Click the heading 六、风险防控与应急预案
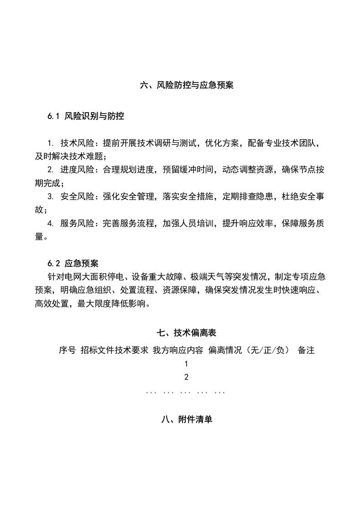pos(187,85)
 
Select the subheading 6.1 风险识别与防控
pos(86,116)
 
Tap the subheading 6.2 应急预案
pos(73,264)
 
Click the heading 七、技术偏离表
pos(187,333)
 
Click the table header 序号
pos(67,350)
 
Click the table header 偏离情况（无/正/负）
pos(249,350)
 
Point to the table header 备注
pos(306,350)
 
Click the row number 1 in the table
pos(186,364)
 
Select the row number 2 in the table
pos(186,377)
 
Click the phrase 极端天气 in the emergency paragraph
pos(206,277)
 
